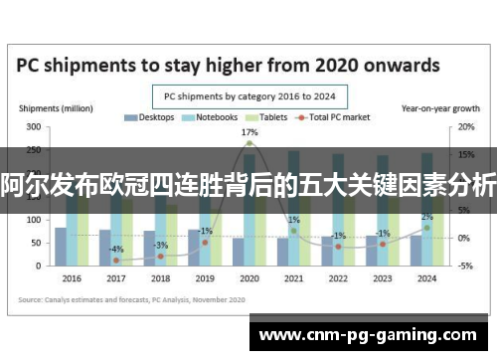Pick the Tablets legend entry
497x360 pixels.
coord(267,117)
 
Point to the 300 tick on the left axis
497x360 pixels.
coord(34,127)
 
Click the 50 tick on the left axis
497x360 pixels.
coord(36,243)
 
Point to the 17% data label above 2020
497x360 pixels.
coord(249,132)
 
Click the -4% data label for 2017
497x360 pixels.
coord(117,249)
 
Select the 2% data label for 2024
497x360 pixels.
coord(426,217)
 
